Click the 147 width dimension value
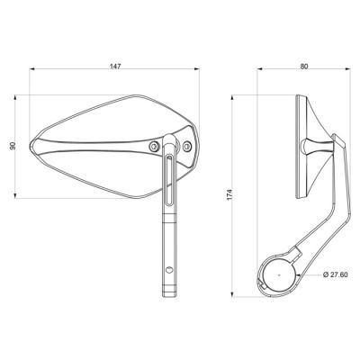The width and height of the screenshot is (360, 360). tap(115, 67)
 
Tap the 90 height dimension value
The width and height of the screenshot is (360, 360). tap(13, 146)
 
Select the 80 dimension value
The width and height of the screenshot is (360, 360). tap(304, 67)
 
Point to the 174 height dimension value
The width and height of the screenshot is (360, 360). tap(229, 194)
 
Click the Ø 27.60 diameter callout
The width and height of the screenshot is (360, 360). tap(336, 274)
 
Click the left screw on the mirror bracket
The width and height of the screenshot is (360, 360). tap(154, 147)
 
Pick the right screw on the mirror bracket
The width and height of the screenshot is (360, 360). tap(187, 146)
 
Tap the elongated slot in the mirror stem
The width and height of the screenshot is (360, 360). tap(170, 179)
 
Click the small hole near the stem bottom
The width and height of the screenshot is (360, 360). tap(169, 269)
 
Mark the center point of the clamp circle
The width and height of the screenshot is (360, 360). tap(279, 274)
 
